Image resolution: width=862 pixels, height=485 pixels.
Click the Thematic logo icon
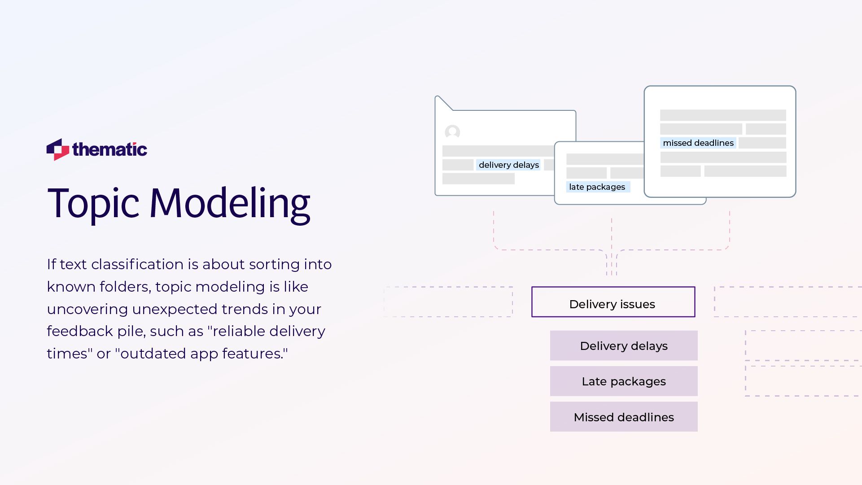(57, 149)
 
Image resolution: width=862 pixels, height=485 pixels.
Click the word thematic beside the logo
(109, 149)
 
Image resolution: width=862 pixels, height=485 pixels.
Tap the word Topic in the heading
(93, 203)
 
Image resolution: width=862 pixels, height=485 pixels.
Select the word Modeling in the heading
(229, 203)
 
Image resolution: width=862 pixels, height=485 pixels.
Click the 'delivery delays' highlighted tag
(508, 165)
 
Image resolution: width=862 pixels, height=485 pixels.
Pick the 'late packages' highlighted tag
(597, 187)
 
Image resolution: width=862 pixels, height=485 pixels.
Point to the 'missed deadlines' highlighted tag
(698, 143)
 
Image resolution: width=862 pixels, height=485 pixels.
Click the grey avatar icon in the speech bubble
(452, 132)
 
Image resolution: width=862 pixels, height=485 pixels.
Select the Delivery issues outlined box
(613, 302)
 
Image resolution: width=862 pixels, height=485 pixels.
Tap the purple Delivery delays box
(624, 346)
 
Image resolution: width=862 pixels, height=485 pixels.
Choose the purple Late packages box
(624, 381)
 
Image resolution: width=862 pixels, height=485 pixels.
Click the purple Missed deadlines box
(624, 417)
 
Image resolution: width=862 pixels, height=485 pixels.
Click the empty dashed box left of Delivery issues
(448, 302)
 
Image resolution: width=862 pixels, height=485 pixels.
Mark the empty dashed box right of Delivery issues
(788, 302)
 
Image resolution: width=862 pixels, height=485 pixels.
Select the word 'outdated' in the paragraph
(150, 354)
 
